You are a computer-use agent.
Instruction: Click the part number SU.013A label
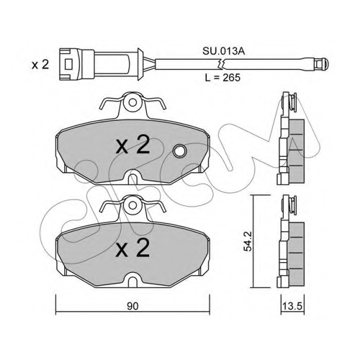click(223, 51)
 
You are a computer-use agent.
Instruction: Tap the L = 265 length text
click(222, 77)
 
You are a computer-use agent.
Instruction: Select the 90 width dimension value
click(132, 306)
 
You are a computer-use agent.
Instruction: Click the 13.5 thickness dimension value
click(292, 306)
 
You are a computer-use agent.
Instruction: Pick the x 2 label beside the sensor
click(40, 65)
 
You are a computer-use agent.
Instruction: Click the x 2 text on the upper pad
click(132, 145)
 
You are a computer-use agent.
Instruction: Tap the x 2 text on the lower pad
click(132, 248)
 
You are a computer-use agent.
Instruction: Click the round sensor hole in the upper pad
click(180, 150)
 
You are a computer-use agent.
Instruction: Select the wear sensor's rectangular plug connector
click(76, 64)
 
